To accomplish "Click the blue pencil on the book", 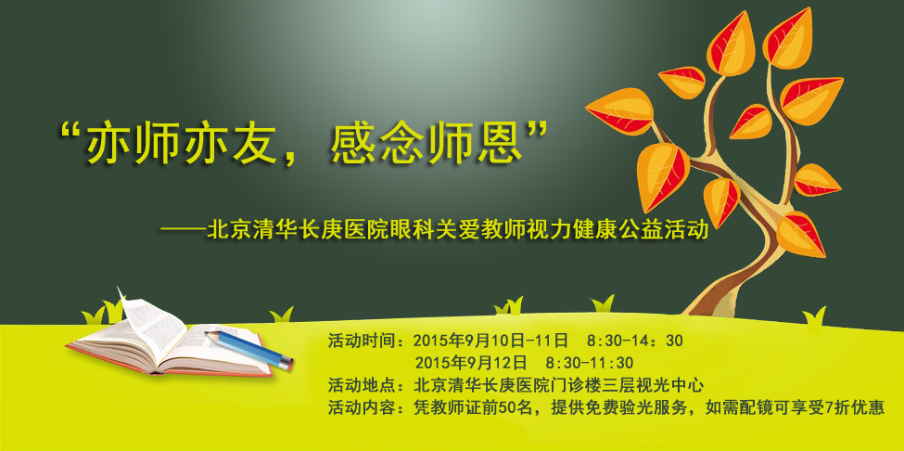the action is (249, 349).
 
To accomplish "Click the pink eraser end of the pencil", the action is (286, 364).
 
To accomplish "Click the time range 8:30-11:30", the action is (589, 364).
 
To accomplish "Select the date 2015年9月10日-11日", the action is (490, 341).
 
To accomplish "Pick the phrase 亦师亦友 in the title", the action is (184, 144).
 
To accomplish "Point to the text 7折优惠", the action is (856, 407).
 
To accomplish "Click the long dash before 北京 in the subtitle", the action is (183, 231).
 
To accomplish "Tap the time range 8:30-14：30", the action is (634, 341).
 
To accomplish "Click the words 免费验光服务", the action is (646, 407).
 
